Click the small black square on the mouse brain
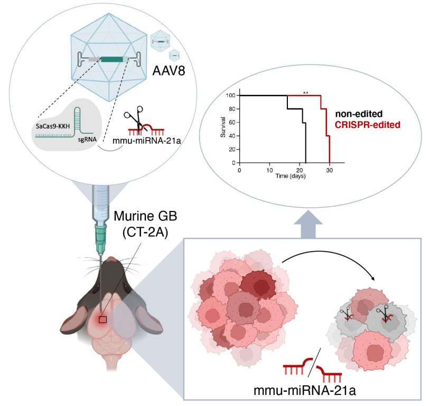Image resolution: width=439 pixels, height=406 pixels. click(103, 319)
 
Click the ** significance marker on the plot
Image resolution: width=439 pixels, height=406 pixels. click(305, 93)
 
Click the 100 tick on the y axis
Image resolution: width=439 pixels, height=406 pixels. click(230, 96)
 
